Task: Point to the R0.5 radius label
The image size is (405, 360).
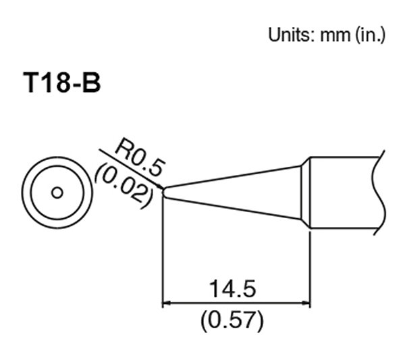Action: tap(139, 156)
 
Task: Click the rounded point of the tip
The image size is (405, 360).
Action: tap(164, 192)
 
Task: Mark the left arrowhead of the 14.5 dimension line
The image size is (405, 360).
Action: tap(167, 304)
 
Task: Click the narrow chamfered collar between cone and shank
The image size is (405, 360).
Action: tap(305, 192)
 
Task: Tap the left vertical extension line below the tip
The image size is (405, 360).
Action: tap(163, 257)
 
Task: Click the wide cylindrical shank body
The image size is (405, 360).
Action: tap(344, 192)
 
